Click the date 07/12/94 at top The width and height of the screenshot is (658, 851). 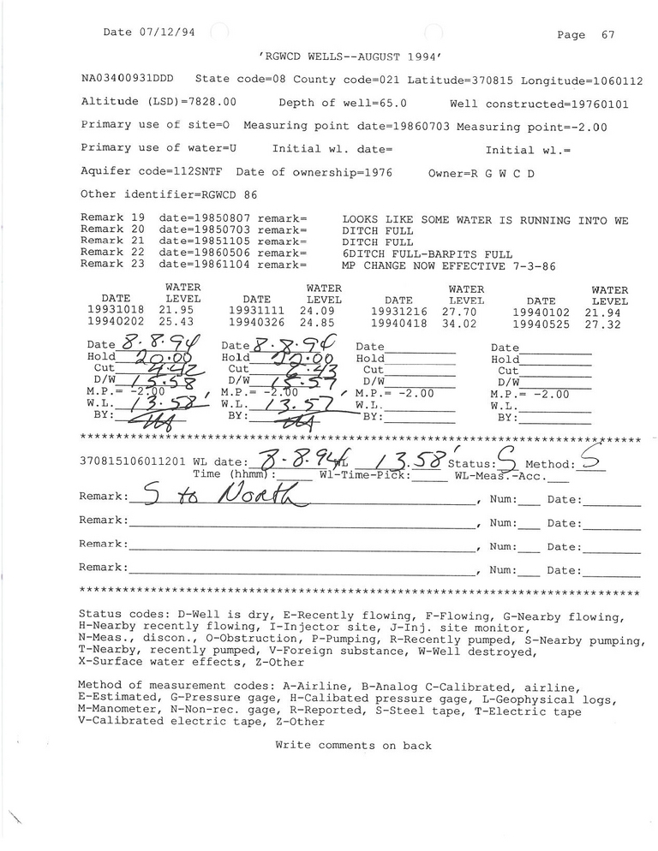[x=166, y=32]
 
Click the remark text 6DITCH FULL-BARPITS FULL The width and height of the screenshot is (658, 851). [x=426, y=254]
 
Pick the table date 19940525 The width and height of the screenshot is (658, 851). [x=541, y=324]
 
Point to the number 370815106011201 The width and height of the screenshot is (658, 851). [x=133, y=461]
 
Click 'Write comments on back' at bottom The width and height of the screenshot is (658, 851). [x=353, y=746]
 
